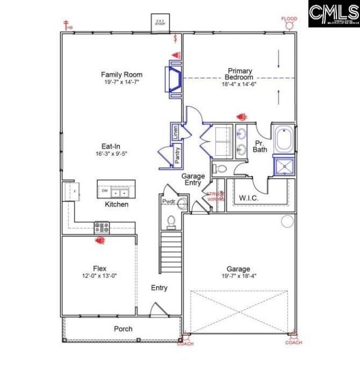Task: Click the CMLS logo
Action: (x=333, y=14)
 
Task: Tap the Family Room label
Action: (x=121, y=74)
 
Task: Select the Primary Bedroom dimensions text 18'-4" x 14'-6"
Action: (x=238, y=84)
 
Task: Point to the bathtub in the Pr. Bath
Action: (x=283, y=140)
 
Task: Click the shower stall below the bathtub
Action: (x=283, y=165)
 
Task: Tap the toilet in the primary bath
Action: (x=220, y=169)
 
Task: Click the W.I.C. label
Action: (x=248, y=198)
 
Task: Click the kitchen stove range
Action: (x=102, y=227)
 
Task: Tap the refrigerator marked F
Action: (x=73, y=190)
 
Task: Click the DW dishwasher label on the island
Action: (x=105, y=191)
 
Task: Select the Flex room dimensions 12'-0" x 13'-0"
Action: (x=100, y=276)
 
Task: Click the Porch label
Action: (x=123, y=329)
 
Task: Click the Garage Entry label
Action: (x=192, y=179)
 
